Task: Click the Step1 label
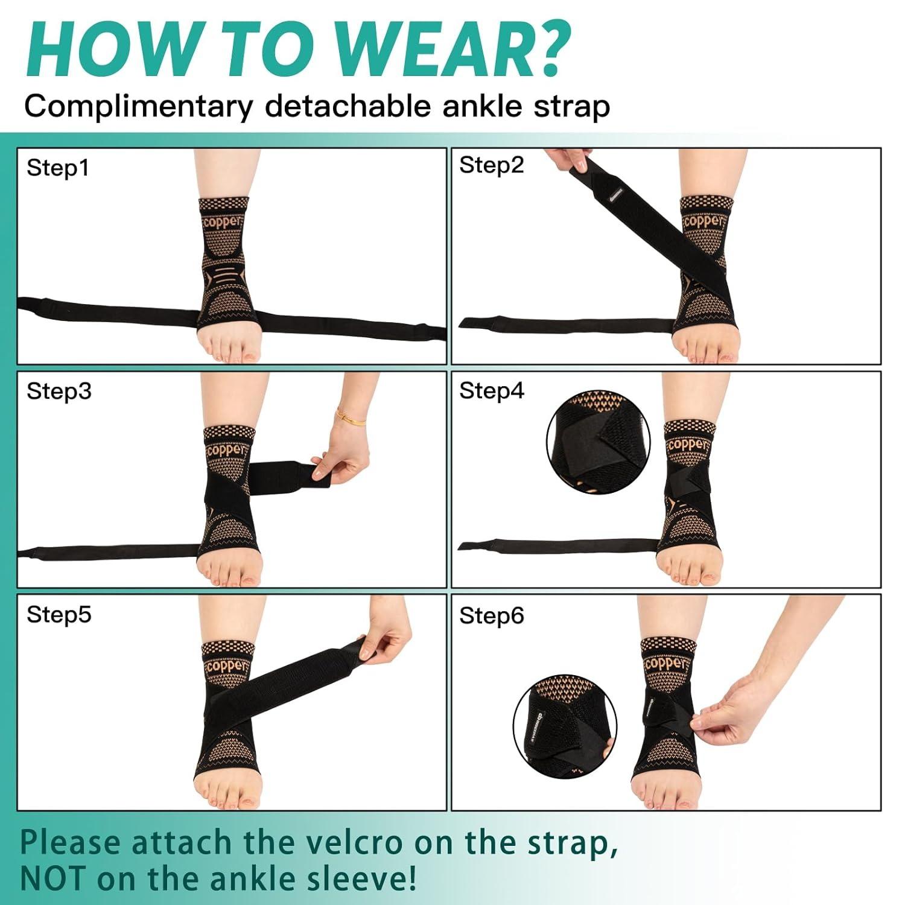point(58,168)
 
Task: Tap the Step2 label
point(492,165)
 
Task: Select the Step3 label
point(59,392)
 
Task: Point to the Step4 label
point(492,391)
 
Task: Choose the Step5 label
point(59,615)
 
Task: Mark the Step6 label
point(492,616)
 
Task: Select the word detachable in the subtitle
point(348,107)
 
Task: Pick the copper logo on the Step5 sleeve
point(227,667)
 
